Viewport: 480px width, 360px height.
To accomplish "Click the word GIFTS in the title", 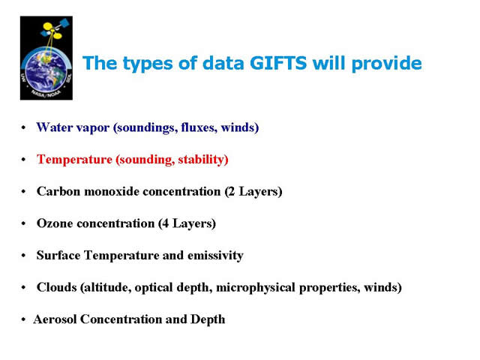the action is [x=278, y=63].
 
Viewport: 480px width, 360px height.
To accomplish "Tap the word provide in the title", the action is [x=387, y=64].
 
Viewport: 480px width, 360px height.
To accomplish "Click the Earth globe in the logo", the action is [x=46, y=71].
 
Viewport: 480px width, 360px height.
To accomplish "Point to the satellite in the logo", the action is [x=55, y=30].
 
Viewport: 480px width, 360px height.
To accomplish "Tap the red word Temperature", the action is [x=74, y=160].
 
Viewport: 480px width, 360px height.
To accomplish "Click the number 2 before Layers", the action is [x=232, y=192].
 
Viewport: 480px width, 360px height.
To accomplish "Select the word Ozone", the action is [x=55, y=223].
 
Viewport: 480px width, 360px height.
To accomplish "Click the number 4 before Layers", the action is [x=165, y=223].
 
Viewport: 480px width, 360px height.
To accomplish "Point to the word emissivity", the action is [x=215, y=256].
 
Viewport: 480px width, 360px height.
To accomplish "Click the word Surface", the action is [x=58, y=255].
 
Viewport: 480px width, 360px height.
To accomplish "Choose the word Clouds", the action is [x=57, y=287].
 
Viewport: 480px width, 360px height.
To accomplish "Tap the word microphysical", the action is [x=256, y=288].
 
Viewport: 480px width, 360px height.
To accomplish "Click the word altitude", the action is [x=106, y=288].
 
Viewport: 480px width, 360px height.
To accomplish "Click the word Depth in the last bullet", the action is [x=208, y=320].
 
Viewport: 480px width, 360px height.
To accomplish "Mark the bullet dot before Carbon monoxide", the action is [x=23, y=192].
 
